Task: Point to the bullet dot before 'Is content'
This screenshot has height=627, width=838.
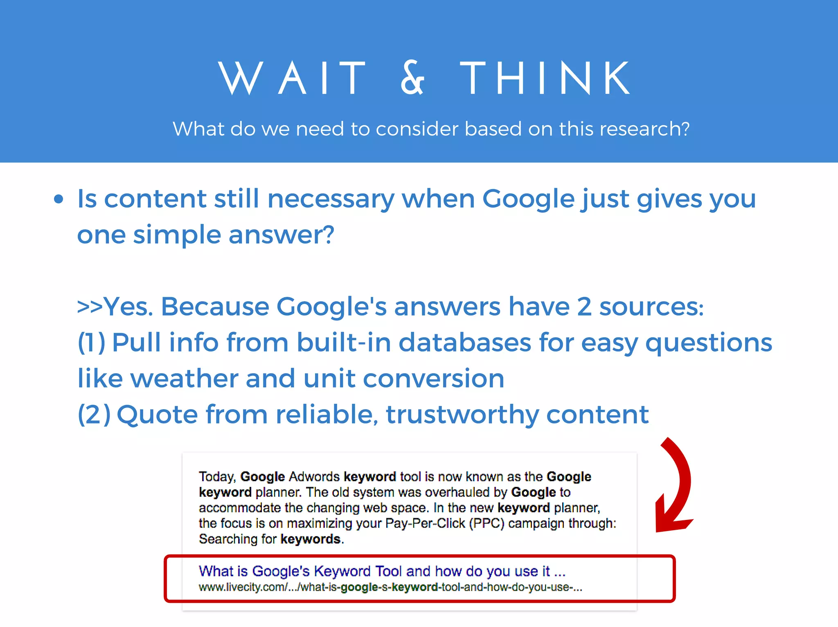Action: [59, 199]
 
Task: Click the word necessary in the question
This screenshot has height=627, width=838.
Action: [331, 199]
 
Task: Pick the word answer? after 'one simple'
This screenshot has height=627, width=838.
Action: [282, 235]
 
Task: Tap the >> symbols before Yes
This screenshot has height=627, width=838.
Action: [90, 307]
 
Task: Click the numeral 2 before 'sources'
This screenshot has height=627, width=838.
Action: [584, 307]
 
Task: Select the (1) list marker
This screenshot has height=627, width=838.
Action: [92, 343]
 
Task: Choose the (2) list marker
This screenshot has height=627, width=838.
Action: [94, 414]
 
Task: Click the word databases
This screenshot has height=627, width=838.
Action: [464, 343]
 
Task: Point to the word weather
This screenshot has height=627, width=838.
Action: [184, 378]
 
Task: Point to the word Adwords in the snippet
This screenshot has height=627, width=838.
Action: [314, 477]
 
